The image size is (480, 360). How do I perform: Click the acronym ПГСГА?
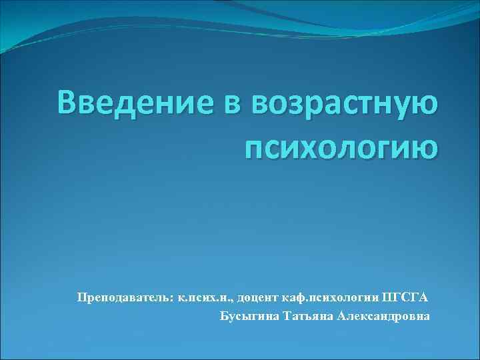click(x=408, y=295)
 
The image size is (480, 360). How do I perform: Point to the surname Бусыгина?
click(x=249, y=315)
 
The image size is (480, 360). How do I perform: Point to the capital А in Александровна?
click(x=342, y=315)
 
